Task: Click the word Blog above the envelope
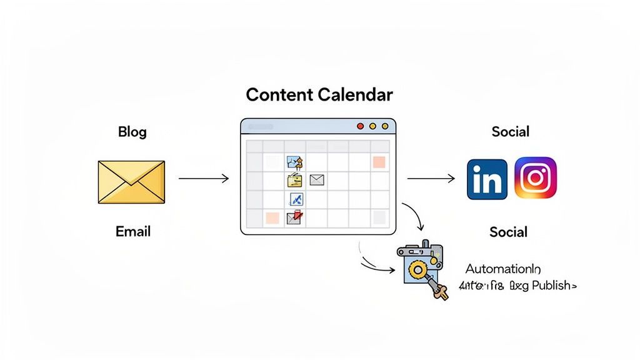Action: (132, 132)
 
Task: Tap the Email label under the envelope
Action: (133, 231)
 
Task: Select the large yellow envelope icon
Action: (131, 182)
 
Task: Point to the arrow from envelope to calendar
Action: (204, 179)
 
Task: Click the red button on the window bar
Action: (360, 126)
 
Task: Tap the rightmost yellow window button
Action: (384, 126)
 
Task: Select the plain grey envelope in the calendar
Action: (317, 181)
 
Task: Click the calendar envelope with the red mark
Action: (294, 217)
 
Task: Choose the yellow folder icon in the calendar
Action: (294, 181)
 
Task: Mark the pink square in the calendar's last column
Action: (379, 162)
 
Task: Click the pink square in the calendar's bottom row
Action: (272, 217)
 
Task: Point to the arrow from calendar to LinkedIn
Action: (431, 179)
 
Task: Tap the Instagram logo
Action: (535, 178)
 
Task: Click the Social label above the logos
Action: (510, 132)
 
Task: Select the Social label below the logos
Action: (508, 232)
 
